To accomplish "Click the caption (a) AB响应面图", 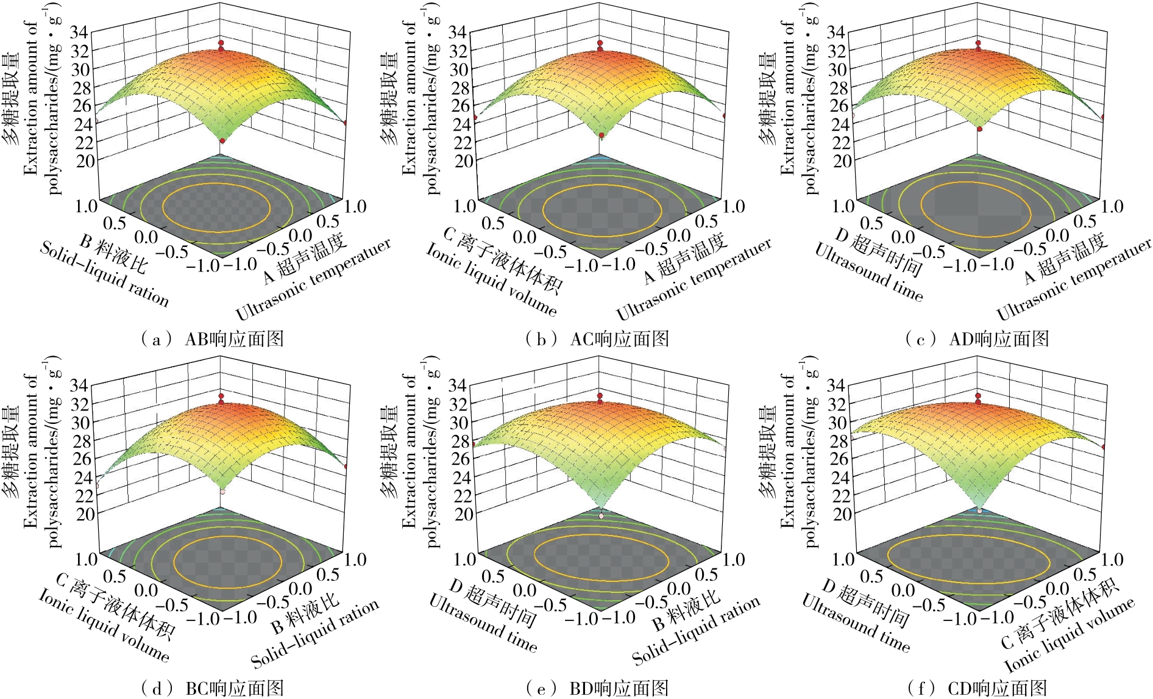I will (x=212, y=339).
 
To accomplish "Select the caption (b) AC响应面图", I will (x=597, y=339).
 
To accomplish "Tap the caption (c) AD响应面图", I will (x=977, y=339).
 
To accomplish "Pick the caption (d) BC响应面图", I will (x=212, y=689).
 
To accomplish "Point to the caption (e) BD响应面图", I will (x=597, y=689).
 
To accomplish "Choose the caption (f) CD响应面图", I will (x=977, y=689).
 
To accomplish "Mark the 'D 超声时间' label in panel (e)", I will (x=494, y=604).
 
